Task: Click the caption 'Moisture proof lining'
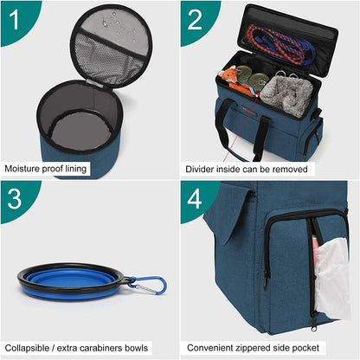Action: pos(46,168)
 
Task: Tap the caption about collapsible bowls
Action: pos(76,347)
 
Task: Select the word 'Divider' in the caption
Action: pos(200,168)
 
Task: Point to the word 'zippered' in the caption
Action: pos(263,347)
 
